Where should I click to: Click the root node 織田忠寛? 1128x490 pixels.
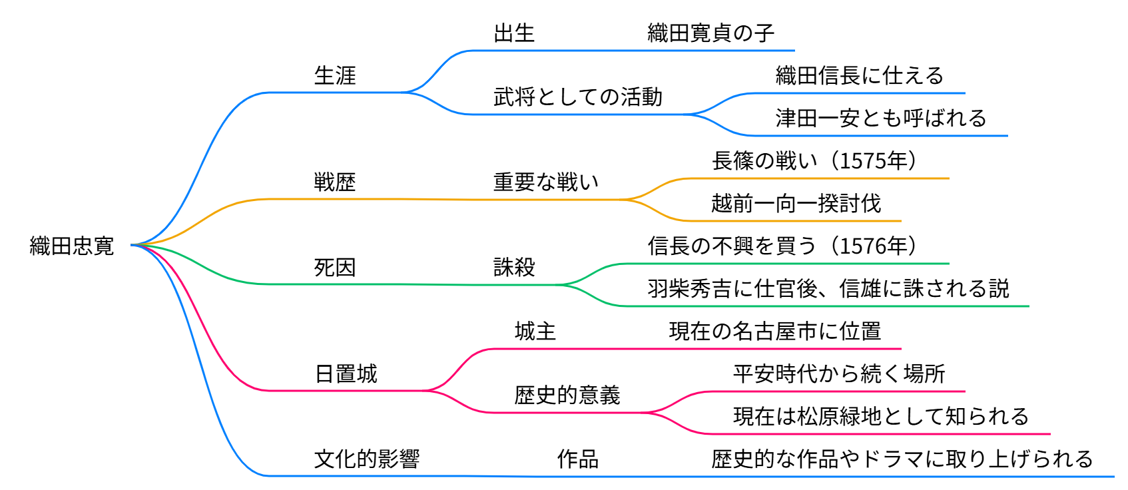(72, 246)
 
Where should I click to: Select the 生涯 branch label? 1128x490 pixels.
(335, 75)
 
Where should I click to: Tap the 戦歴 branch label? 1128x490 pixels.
(335, 182)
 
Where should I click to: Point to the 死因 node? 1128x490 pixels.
(335, 267)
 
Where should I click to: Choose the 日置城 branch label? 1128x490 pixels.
(346, 373)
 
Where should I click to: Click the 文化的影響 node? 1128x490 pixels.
(367, 459)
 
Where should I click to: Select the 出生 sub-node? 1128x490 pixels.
(514, 33)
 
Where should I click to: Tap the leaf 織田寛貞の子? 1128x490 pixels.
(710, 33)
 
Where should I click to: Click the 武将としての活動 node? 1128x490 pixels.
(577, 97)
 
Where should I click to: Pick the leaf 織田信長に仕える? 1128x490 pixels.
(859, 75)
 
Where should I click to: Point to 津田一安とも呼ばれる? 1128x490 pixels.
(880, 118)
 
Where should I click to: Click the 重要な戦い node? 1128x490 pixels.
(545, 182)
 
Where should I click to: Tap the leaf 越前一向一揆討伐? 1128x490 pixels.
(796, 203)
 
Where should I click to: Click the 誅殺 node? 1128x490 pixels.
(514, 267)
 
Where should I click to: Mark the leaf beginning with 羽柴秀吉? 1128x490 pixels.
(828, 288)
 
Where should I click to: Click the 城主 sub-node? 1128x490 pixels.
(535, 331)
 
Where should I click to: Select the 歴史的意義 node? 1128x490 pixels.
(567, 395)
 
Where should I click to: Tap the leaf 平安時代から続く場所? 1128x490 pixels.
(838, 373)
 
